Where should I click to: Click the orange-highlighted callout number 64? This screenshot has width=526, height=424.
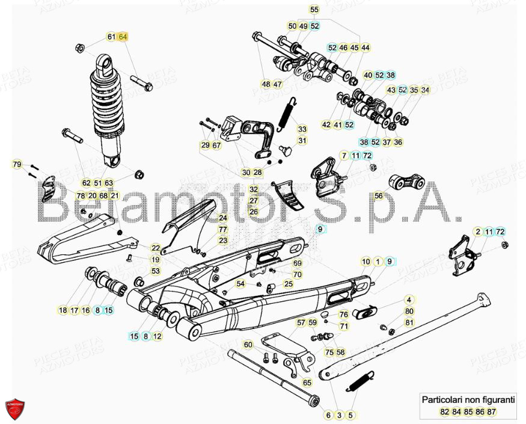(x=123, y=37)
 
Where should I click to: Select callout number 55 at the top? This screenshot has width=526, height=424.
(x=314, y=10)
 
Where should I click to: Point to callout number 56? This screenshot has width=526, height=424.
(x=378, y=195)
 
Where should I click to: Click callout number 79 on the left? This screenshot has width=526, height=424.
(x=17, y=164)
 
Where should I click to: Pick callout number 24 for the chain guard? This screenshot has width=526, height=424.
(x=223, y=218)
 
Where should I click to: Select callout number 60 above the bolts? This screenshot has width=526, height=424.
(x=248, y=345)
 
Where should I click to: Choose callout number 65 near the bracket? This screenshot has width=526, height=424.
(x=307, y=382)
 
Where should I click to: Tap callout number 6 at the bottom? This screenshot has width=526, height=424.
(x=328, y=415)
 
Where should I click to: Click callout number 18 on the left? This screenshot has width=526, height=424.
(x=63, y=310)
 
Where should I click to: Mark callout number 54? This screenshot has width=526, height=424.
(x=240, y=283)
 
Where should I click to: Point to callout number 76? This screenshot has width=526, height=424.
(x=343, y=315)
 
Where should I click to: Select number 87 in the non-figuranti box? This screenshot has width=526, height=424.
(x=491, y=411)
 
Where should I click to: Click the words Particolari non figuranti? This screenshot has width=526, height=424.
(x=468, y=399)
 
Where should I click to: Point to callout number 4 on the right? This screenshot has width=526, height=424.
(x=409, y=300)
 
